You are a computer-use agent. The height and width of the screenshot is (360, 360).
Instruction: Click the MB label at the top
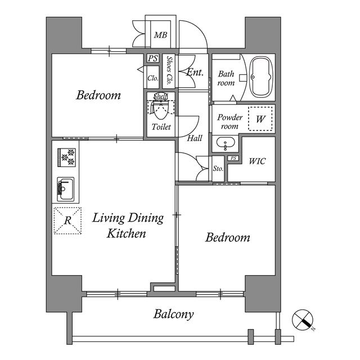[x=160, y=35]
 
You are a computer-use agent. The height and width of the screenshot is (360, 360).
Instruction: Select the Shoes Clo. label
[x=169, y=69]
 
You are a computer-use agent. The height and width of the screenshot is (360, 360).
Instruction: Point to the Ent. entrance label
[x=195, y=72]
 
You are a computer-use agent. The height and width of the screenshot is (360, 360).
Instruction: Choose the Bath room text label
[x=226, y=78]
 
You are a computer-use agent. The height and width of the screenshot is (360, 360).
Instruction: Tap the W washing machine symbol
[x=260, y=119]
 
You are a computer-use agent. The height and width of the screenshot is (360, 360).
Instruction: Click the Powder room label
[x=229, y=121]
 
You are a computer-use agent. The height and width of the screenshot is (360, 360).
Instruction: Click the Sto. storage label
[x=218, y=169]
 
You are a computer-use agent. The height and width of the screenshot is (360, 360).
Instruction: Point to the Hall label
[x=195, y=138]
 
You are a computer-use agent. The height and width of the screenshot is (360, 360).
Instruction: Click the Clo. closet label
[x=152, y=78]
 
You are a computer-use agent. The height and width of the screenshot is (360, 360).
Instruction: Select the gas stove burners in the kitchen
[x=66, y=157]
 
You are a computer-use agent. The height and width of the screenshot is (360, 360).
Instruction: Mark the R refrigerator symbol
[x=66, y=220]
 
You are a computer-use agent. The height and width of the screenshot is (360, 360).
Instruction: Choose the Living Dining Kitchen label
[x=128, y=225]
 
